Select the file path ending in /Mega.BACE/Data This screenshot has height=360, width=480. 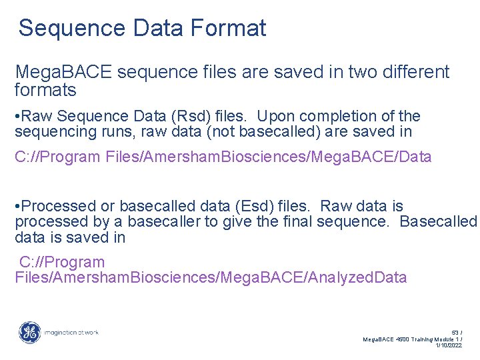coord(223,157)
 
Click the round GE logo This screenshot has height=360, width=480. coord(29,332)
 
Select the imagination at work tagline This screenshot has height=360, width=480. coord(71,332)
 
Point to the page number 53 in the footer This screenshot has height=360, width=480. coord(455,331)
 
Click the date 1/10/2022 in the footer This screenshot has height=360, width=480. coord(448,345)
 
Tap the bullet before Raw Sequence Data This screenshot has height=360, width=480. coord(17,117)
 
